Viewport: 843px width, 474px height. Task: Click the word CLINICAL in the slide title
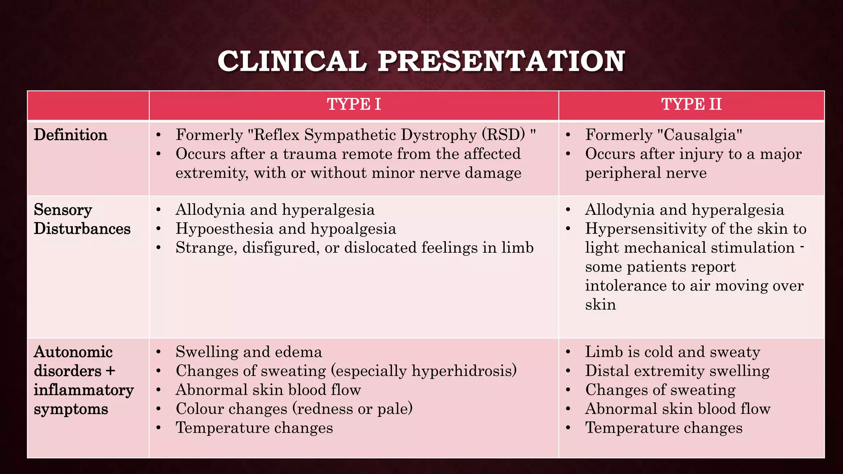coord(292,61)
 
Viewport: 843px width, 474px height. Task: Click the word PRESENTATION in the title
coord(501,61)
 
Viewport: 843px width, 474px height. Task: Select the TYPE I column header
coord(354,105)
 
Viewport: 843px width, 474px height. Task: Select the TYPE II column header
coord(691,105)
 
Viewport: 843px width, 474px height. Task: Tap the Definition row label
coord(70,135)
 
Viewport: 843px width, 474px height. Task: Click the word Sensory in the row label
coord(63,210)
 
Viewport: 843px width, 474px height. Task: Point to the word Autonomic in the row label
coord(73,352)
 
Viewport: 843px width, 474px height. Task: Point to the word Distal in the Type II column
coord(607,371)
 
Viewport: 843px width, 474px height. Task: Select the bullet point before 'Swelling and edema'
coord(158,352)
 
